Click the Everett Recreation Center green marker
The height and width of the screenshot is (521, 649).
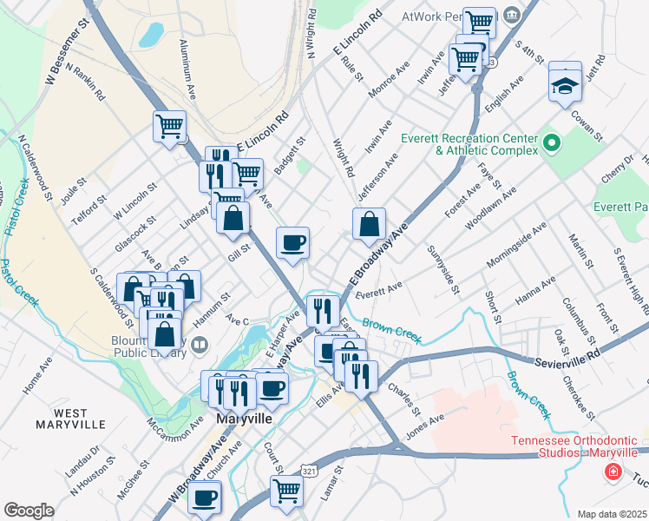pyautogui.click(x=551, y=142)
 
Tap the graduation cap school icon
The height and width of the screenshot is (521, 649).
pyautogui.click(x=565, y=85)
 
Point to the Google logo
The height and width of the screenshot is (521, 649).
pyautogui.click(x=29, y=511)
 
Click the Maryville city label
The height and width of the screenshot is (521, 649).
pyautogui.click(x=242, y=419)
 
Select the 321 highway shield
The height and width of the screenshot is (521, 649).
pyautogui.click(x=308, y=470)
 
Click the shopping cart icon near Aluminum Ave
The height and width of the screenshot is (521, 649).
pyautogui.click(x=170, y=126)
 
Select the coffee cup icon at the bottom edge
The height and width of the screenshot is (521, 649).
pyautogui.click(x=205, y=498)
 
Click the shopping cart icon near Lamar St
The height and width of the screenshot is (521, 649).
pyautogui.click(x=286, y=490)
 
